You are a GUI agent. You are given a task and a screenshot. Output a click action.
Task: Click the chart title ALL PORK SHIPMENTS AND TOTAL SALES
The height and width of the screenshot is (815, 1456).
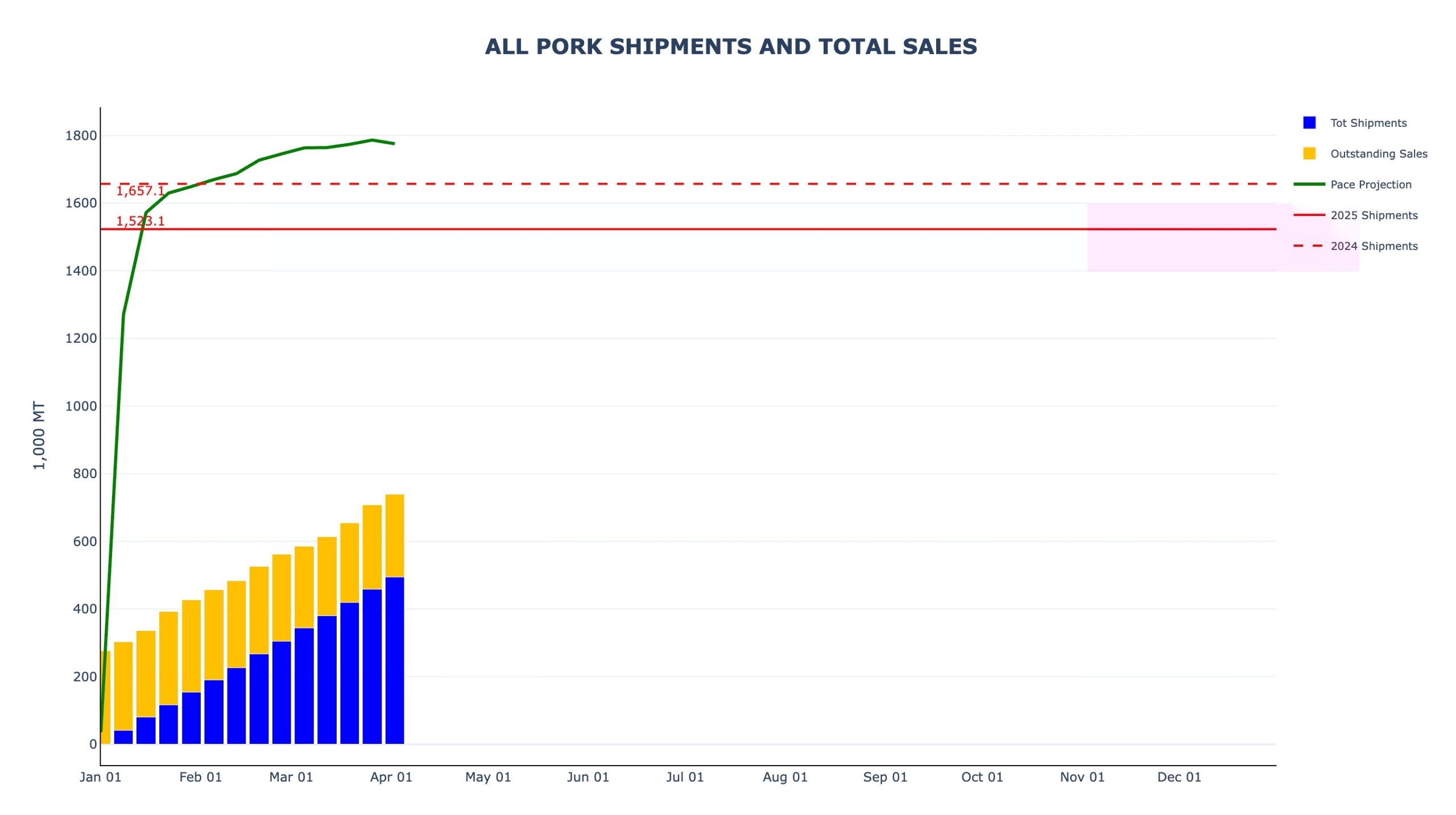pos(731,47)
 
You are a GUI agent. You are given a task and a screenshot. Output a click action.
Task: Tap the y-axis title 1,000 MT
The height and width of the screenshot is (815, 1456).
pos(39,435)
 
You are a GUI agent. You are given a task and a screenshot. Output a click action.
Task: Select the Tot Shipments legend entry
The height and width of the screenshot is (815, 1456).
pos(1368,123)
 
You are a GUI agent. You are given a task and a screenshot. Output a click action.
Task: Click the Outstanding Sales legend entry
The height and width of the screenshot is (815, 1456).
pos(1378,154)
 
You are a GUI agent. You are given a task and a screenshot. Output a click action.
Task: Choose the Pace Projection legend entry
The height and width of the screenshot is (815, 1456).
pos(1370,185)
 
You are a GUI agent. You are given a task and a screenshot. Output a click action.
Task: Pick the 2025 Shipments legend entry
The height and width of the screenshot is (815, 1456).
pos(1374,215)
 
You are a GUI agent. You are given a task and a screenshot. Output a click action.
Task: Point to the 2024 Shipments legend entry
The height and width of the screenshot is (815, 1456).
pos(1374,246)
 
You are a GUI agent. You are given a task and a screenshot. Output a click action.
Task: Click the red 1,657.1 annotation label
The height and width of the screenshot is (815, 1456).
pos(140,191)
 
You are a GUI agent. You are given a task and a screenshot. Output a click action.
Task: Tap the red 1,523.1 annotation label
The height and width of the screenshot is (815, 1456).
pos(140,221)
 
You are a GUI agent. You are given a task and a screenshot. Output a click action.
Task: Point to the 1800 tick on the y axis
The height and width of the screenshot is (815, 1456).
pos(81,136)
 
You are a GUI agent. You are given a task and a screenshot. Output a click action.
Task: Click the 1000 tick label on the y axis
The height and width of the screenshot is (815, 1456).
pos(81,406)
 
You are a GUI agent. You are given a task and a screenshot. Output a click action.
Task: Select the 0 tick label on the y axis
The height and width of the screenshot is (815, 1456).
pos(93,744)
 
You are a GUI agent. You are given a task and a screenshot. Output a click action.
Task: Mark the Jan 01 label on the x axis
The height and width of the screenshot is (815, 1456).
pos(100,777)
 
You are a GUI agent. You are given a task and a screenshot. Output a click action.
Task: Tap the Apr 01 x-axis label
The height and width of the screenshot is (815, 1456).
pos(391,777)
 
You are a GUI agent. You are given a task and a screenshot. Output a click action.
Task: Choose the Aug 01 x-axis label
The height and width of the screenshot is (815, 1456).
pos(785,777)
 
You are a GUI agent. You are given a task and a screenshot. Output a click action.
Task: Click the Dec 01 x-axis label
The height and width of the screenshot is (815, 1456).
pos(1179,777)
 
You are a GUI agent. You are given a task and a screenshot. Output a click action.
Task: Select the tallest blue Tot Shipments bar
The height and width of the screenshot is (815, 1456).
pos(395,660)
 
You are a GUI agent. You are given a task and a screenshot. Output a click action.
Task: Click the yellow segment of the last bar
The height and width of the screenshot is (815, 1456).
pos(395,535)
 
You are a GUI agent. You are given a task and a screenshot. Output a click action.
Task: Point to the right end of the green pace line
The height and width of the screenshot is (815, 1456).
pos(394,143)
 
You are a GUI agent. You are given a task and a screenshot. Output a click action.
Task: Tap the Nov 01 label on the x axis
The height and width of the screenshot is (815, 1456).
pos(1082,777)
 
